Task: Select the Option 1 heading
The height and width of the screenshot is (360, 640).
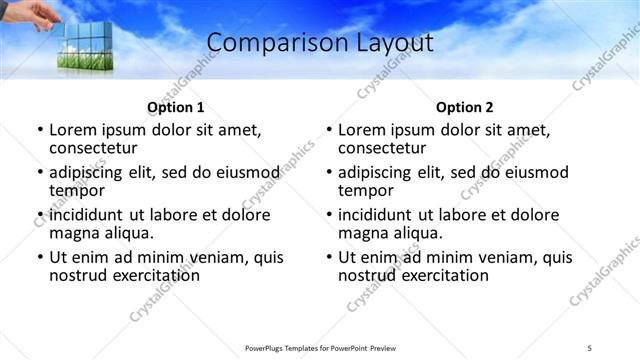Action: pos(176,107)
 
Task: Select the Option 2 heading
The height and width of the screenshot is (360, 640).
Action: pos(465,107)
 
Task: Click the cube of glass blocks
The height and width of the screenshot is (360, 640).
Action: pos(85,44)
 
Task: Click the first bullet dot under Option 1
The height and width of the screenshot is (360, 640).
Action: pos(40,130)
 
